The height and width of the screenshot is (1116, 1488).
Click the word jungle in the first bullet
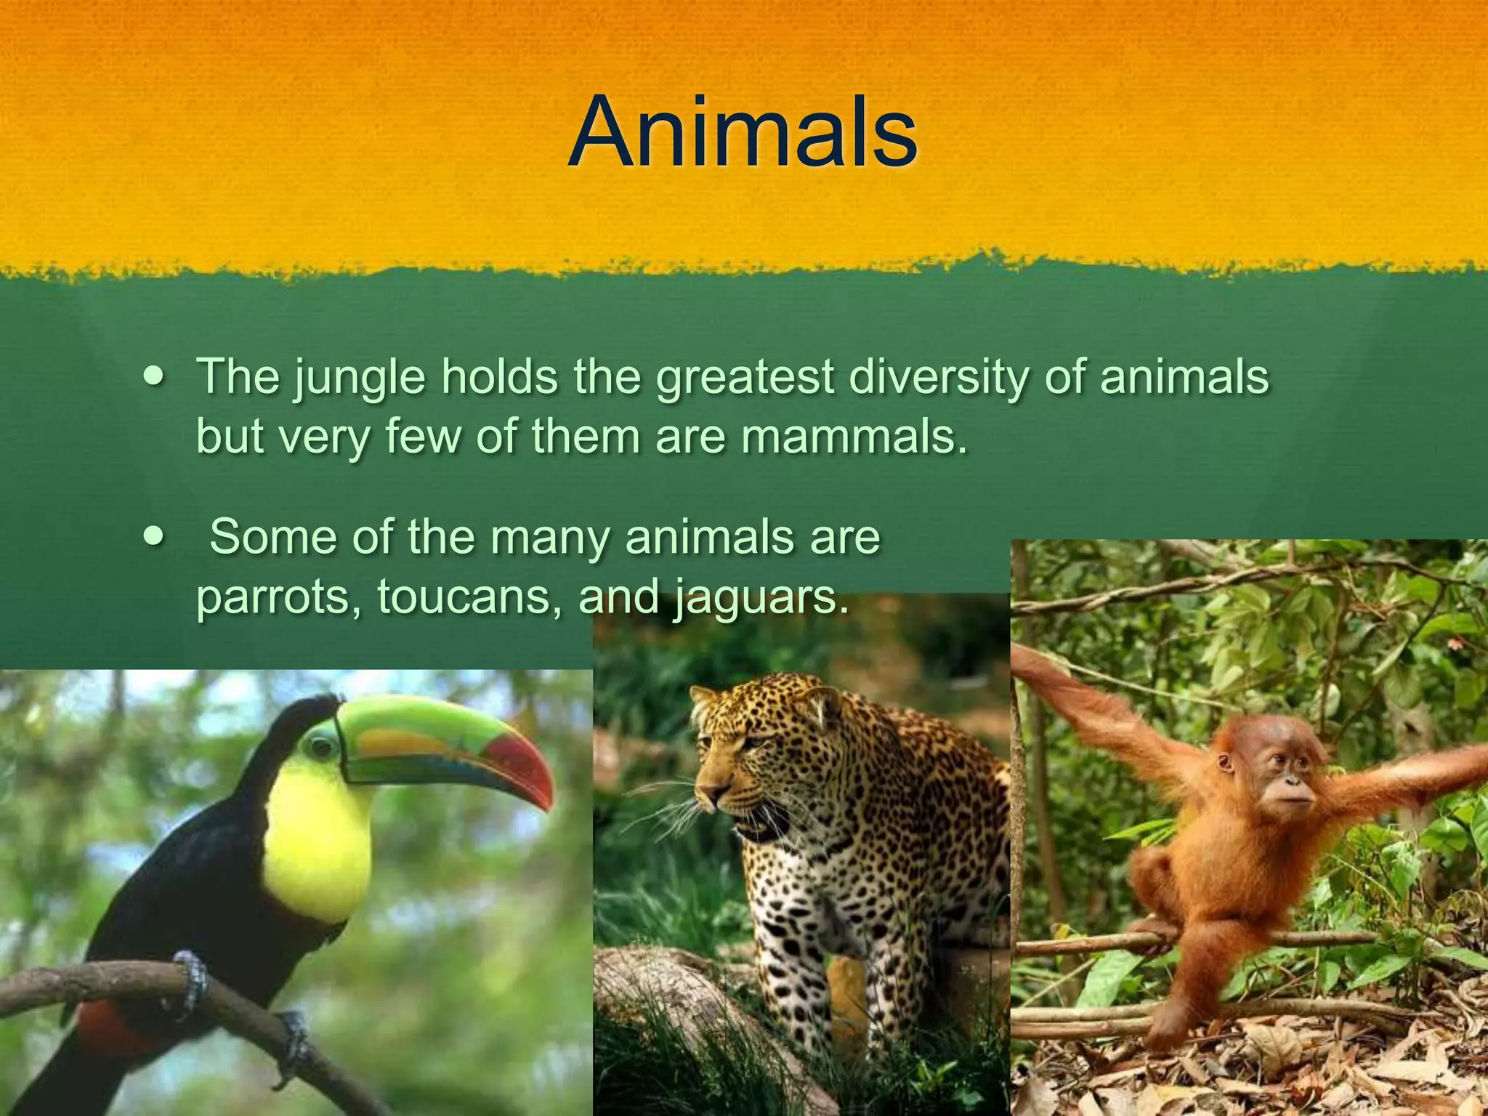(x=359, y=378)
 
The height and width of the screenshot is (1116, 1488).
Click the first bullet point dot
(x=154, y=378)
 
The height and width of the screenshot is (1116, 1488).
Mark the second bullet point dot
(x=154, y=538)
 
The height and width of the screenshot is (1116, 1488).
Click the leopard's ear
(x=821, y=701)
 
